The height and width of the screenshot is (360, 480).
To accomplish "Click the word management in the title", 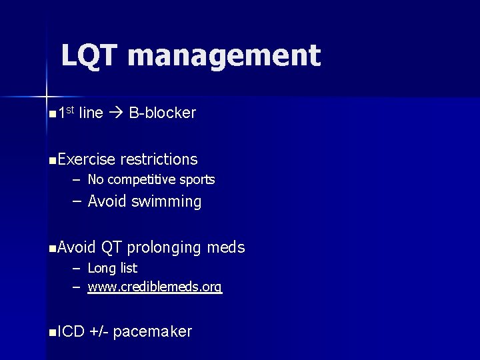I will tap(225, 56).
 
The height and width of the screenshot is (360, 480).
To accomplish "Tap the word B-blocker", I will tap(163, 113).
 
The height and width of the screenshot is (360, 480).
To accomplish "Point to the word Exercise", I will tap(87, 159).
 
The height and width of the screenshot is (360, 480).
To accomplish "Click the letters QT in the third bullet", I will tap(111, 248).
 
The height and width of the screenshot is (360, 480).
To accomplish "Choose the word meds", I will tap(226, 248).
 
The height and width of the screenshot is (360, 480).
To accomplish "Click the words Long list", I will tap(112, 268).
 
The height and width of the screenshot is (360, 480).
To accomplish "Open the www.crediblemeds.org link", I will tap(155, 287).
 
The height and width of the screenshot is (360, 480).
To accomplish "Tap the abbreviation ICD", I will tap(71, 331).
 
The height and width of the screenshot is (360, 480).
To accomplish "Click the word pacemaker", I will tap(153, 331).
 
